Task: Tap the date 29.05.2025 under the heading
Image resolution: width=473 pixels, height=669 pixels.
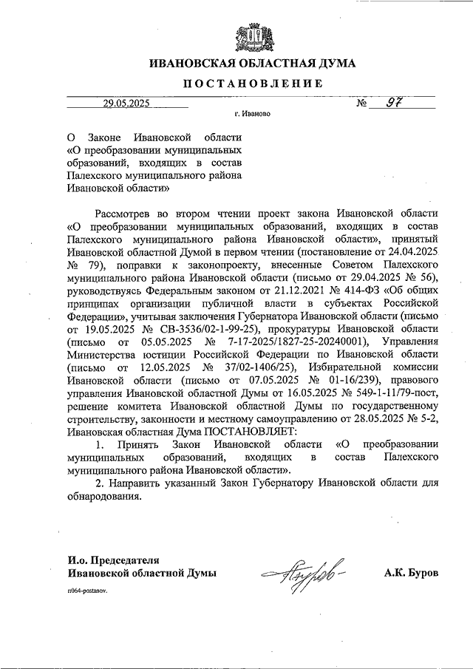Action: pyautogui.click(x=127, y=103)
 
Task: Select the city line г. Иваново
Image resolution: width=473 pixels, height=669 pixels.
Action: pyautogui.click(x=252, y=115)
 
